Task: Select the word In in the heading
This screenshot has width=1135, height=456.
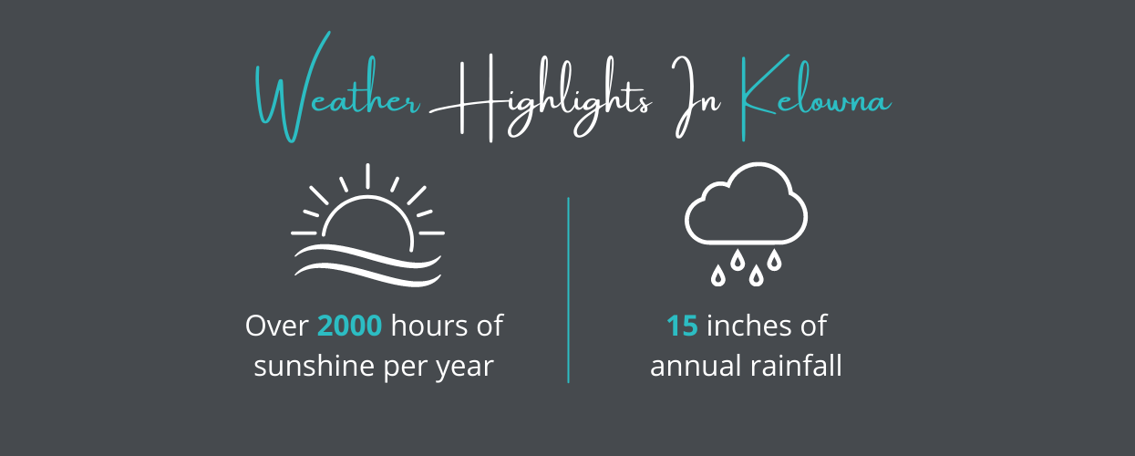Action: point(696,97)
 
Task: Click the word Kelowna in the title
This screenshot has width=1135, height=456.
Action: point(815,98)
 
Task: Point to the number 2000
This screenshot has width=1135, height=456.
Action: point(349,326)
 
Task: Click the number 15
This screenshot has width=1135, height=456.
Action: point(682,326)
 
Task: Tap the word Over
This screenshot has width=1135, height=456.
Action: point(276,326)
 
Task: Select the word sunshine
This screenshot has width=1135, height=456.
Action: point(314,366)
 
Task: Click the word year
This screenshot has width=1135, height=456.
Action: point(465,368)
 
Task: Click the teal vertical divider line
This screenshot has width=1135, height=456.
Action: point(568,290)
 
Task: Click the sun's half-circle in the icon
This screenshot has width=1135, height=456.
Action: point(367,197)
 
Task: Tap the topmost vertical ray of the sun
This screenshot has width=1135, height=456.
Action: point(367,176)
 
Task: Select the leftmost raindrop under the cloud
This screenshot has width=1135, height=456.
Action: point(718,275)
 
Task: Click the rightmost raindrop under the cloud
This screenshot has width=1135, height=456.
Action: point(774,259)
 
